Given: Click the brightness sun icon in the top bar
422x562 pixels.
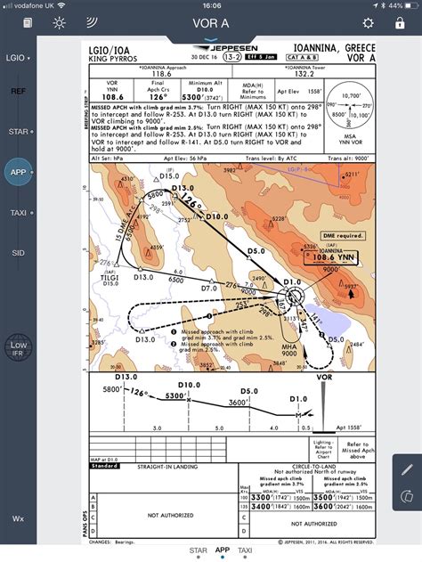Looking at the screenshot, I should pos(59,23).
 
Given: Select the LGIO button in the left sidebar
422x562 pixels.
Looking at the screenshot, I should pos(18,58).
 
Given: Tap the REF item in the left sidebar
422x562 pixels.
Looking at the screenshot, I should pos(18,91).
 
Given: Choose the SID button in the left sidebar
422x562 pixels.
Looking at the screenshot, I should pos(18,253).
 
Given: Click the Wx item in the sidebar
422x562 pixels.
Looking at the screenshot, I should pos(18,517).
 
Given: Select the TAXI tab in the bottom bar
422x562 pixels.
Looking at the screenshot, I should pos(244,550).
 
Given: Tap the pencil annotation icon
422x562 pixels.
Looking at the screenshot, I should pos(407,468).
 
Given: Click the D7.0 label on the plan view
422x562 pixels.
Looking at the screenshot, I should pos(209,288).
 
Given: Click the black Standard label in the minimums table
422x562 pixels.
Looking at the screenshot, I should pos(105,465).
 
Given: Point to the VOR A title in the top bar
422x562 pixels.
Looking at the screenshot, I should pos(211,23).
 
